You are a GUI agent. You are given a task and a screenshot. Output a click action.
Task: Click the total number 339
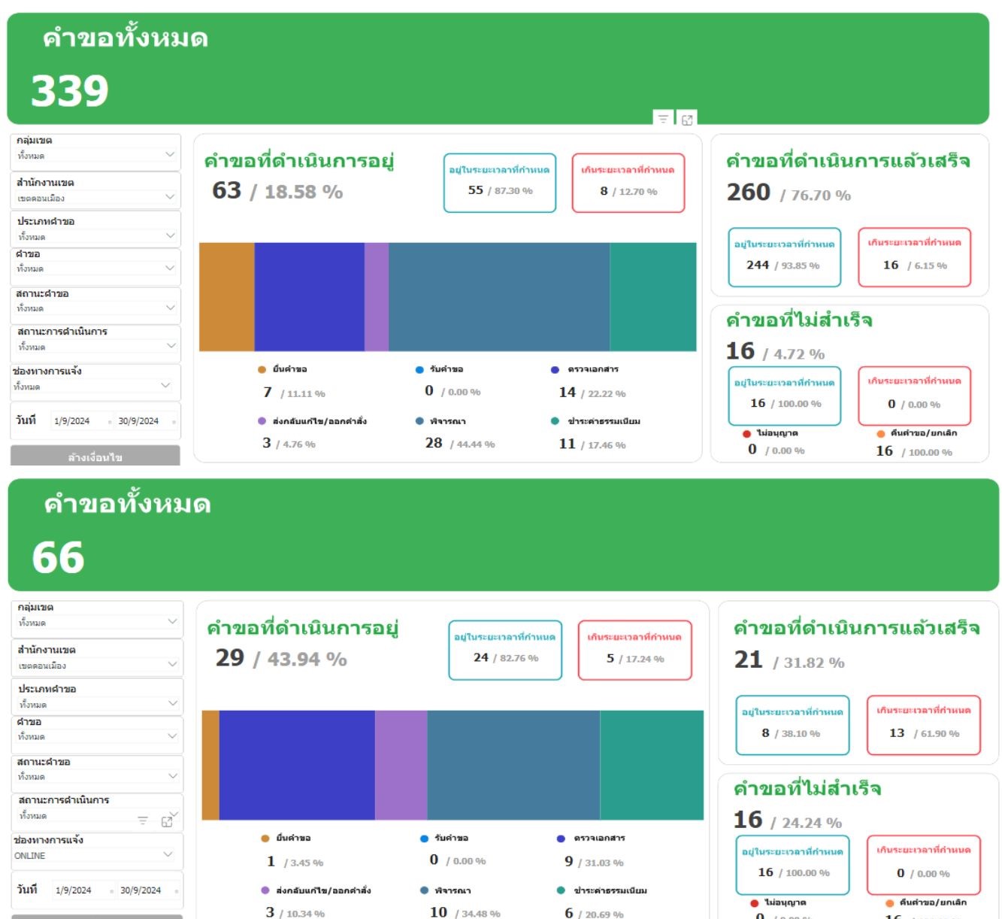[70, 91]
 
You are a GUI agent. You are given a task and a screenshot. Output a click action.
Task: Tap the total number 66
[58, 558]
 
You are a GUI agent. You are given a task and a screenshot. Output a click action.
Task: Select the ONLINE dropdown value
[30, 856]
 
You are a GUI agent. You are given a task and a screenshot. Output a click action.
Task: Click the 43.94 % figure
[307, 660]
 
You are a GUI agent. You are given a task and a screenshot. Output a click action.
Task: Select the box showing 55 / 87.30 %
[500, 183]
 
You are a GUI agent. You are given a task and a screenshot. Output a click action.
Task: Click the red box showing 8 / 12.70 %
[628, 183]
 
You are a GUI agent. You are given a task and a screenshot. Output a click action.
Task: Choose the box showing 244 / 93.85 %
[784, 257]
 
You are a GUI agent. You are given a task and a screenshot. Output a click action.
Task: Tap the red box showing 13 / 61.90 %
[924, 725]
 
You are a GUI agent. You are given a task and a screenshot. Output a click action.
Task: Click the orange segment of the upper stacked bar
[226, 296]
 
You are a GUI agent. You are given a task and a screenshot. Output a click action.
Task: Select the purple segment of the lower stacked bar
[401, 765]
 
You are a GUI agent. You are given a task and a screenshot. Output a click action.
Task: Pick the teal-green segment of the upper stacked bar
[652, 296]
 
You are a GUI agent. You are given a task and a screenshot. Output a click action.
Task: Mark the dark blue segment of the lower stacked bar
[297, 765]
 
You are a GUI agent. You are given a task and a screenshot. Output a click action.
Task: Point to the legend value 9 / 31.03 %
[594, 862]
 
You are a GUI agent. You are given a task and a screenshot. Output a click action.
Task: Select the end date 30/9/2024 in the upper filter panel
[138, 421]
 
